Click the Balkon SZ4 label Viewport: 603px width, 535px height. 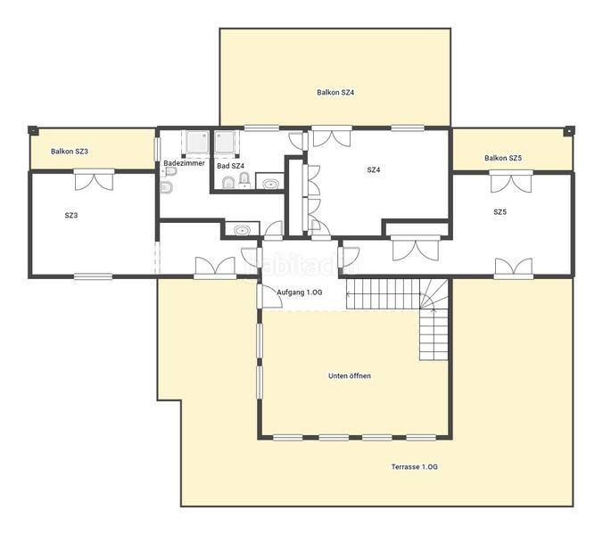(x=336, y=92)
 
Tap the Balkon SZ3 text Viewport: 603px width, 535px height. (x=69, y=152)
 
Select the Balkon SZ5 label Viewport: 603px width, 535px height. (x=503, y=158)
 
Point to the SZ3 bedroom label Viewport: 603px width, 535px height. (x=71, y=215)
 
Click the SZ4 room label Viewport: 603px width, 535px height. (x=374, y=169)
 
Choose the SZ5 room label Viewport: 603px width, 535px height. (x=500, y=212)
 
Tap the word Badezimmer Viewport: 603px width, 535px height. (x=184, y=164)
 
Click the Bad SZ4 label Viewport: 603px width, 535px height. (x=230, y=166)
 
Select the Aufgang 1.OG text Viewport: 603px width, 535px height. (x=300, y=293)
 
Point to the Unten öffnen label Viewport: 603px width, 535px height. (x=350, y=375)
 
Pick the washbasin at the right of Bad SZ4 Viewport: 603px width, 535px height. (x=269, y=184)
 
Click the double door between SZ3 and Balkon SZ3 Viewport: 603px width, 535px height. (x=94, y=179)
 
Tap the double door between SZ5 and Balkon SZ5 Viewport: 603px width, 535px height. (x=511, y=181)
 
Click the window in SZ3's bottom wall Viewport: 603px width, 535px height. (x=93, y=276)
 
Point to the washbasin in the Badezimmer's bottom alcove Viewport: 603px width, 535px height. (x=240, y=230)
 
